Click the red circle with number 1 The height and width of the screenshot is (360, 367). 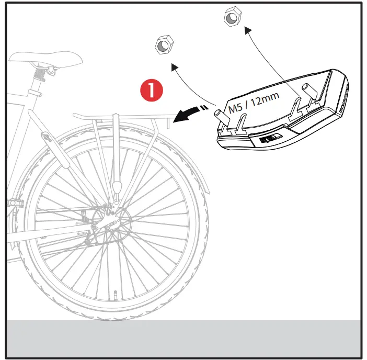pos(152,89)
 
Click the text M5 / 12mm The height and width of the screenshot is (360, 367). pos(254,103)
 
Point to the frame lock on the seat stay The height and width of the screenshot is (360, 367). pos(47,141)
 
